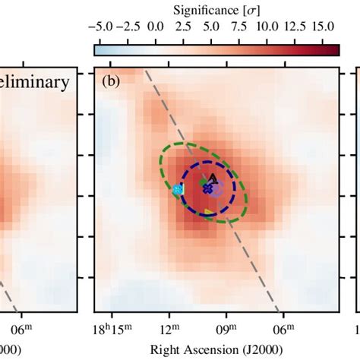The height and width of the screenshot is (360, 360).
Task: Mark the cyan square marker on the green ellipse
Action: (178, 189)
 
